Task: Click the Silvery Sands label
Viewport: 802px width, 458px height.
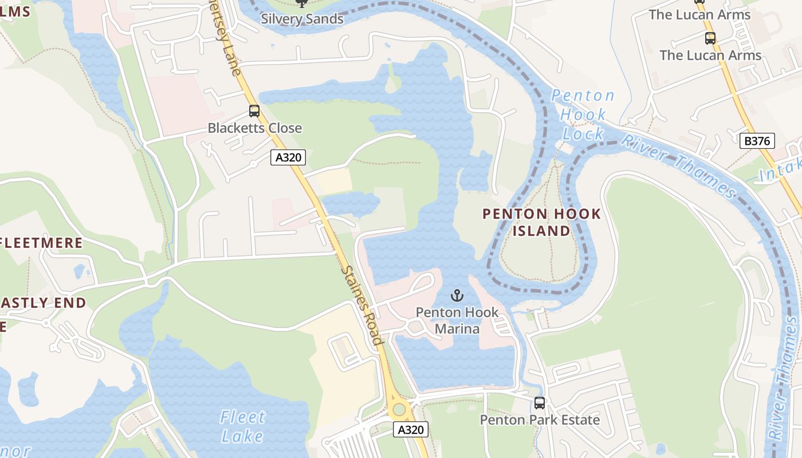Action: point(302,18)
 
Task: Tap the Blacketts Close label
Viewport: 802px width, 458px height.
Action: point(254,128)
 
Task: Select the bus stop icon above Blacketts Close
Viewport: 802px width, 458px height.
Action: point(254,111)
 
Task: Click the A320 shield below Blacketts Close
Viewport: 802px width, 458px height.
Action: point(288,157)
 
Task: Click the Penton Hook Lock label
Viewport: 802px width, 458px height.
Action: point(583,114)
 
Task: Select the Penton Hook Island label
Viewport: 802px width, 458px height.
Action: point(541,222)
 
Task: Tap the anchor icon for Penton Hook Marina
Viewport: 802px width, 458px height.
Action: point(457,296)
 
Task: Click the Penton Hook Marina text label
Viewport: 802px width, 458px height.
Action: point(457,321)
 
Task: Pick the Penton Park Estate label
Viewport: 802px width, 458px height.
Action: point(540,420)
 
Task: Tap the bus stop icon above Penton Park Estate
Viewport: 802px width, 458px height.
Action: point(540,402)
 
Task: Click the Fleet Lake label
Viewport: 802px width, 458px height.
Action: point(243,426)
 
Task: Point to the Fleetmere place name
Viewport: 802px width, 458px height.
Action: point(41,243)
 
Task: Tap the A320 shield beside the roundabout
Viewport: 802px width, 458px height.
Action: point(411,429)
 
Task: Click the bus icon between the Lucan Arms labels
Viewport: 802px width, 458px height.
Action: point(710,38)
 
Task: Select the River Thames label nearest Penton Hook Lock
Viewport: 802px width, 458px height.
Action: point(679,165)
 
